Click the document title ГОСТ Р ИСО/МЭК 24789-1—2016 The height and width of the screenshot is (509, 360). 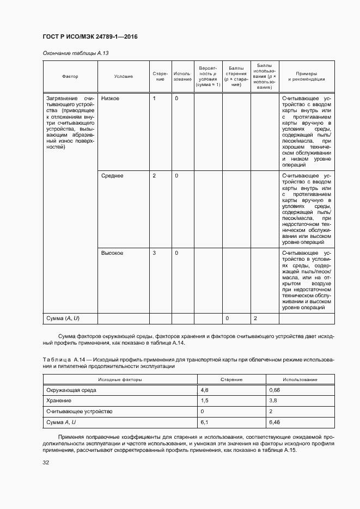[90, 37]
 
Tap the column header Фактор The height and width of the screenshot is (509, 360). [70, 77]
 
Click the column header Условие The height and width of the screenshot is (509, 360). [124, 77]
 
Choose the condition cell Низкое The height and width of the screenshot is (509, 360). [111, 98]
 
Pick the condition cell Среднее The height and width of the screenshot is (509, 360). [112, 176]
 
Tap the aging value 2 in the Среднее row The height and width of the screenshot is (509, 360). [154, 176]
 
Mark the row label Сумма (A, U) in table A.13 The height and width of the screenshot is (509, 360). [63, 318]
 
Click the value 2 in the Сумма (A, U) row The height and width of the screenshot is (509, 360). [255, 318]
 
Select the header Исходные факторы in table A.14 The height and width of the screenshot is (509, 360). [120, 379]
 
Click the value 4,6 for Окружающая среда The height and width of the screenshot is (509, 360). [205, 390]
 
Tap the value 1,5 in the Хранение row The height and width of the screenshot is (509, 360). [205, 401]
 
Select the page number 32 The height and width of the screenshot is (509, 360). [46, 463]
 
